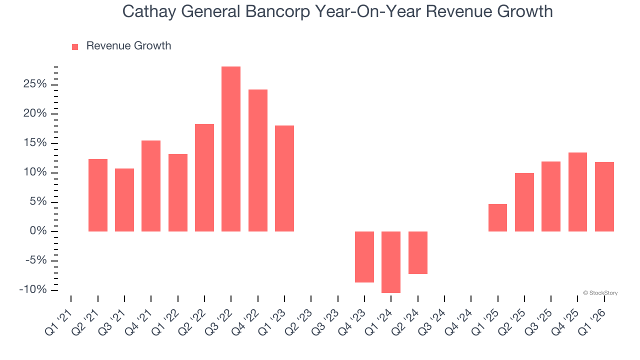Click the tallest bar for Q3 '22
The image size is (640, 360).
coord(231,149)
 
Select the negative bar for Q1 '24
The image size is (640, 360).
coord(391,262)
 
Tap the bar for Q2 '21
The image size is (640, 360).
coord(98,195)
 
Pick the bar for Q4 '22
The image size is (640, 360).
coord(258,160)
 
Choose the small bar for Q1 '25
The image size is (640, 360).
coord(497,217)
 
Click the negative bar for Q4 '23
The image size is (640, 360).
coord(364,257)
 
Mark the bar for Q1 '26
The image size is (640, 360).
coord(604,196)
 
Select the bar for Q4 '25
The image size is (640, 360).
coord(577,192)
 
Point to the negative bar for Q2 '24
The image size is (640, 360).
coord(418,252)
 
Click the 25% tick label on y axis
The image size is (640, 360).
coord(34,84)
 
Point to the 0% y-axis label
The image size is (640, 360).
coord(38,231)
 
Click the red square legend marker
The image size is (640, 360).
coord(75,47)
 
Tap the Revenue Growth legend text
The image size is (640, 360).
coord(128,46)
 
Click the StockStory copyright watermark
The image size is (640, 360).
coord(600,293)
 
